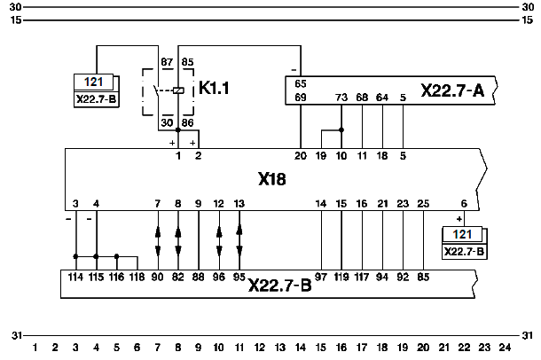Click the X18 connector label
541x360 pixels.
coord(272,179)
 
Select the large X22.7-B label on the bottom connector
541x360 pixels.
coord(279,286)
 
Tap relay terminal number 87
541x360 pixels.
coord(166,61)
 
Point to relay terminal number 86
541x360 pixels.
coord(188,122)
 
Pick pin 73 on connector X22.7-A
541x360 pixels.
coord(341,97)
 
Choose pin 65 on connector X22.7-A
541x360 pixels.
coord(301,83)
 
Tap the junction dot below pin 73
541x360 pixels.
coord(341,129)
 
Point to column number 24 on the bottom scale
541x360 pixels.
coord(505,346)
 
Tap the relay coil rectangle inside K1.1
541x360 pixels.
coord(179,90)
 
